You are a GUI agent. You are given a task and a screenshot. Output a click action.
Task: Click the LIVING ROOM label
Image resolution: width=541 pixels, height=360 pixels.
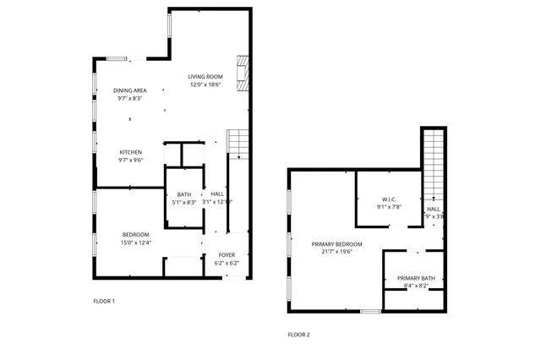[x=205, y=77]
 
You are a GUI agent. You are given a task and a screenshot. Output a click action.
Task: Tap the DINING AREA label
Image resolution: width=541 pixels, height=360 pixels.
[x=130, y=90]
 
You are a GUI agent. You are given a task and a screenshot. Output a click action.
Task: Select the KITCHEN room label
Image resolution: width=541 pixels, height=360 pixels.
[x=130, y=152]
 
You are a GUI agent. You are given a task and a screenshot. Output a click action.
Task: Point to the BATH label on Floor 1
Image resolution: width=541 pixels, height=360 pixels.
[x=183, y=195]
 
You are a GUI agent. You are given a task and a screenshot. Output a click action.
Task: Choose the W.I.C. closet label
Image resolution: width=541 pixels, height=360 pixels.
[x=389, y=199]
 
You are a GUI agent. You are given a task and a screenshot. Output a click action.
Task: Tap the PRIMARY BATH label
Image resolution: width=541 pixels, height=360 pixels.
[x=416, y=278]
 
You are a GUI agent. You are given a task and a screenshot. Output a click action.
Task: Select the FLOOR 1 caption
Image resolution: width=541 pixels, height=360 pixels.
[x=104, y=301]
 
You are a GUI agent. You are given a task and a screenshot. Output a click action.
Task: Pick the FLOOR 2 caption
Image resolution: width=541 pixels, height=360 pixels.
[x=299, y=335]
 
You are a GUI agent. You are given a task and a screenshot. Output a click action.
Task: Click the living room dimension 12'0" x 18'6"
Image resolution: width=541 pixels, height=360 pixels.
[x=205, y=85]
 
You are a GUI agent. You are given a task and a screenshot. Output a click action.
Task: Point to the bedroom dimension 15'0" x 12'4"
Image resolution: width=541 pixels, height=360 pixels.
[x=135, y=243]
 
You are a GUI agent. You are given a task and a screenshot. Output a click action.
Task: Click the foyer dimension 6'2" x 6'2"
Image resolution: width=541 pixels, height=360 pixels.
[x=227, y=263]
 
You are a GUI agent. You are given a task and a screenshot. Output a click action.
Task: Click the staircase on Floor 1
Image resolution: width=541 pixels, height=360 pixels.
[x=238, y=145]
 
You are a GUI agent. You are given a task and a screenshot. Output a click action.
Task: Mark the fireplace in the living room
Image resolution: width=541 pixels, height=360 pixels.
[x=243, y=74]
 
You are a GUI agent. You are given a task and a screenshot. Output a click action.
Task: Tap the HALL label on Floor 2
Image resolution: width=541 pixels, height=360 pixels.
[x=434, y=209]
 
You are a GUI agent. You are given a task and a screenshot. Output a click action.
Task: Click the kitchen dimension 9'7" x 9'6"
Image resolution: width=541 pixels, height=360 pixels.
[x=130, y=160]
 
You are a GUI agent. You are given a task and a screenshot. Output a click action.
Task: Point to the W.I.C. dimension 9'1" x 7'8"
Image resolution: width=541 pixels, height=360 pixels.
[x=389, y=207]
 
